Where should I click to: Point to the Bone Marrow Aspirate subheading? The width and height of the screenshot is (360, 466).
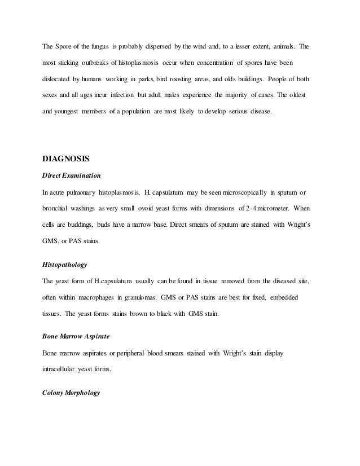pos(76,336)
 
